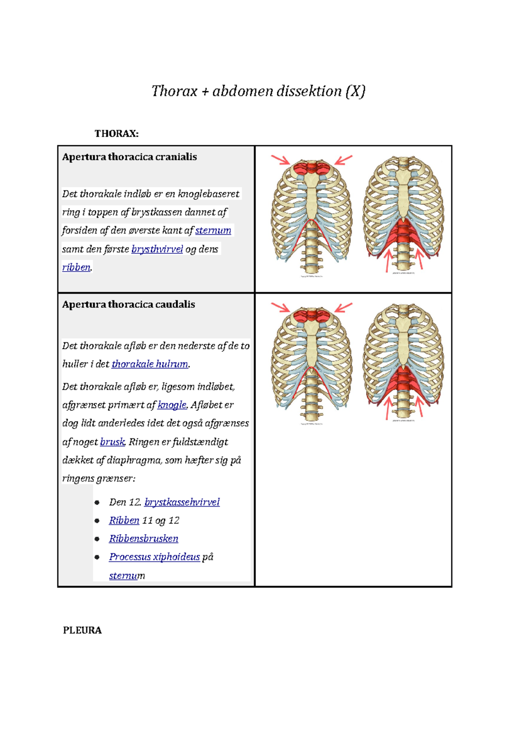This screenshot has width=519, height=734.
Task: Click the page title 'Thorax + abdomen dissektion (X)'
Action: (258, 91)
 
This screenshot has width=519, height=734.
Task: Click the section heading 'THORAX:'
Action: (116, 134)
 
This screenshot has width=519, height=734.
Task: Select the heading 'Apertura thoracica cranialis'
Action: (129, 157)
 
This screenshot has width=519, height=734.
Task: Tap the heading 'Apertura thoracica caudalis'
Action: (128, 304)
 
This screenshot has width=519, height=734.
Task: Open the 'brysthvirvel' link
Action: (157, 249)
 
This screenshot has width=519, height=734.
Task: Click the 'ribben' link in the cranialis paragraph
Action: (76, 268)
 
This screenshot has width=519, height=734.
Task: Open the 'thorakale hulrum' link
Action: (150, 364)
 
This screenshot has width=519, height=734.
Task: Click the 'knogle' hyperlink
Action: (172, 405)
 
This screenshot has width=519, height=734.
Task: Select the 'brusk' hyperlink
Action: (112, 442)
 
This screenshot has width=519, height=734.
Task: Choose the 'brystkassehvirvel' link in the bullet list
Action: (182, 502)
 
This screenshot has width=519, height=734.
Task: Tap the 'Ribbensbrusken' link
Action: (144, 539)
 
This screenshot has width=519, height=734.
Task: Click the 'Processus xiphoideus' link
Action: (154, 557)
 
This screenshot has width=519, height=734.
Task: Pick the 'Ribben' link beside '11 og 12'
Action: (124, 520)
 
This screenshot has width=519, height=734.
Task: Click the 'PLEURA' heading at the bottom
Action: (82, 630)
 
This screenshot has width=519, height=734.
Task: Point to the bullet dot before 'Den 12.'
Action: (97, 503)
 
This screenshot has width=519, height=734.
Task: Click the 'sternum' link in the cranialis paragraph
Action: (213, 231)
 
